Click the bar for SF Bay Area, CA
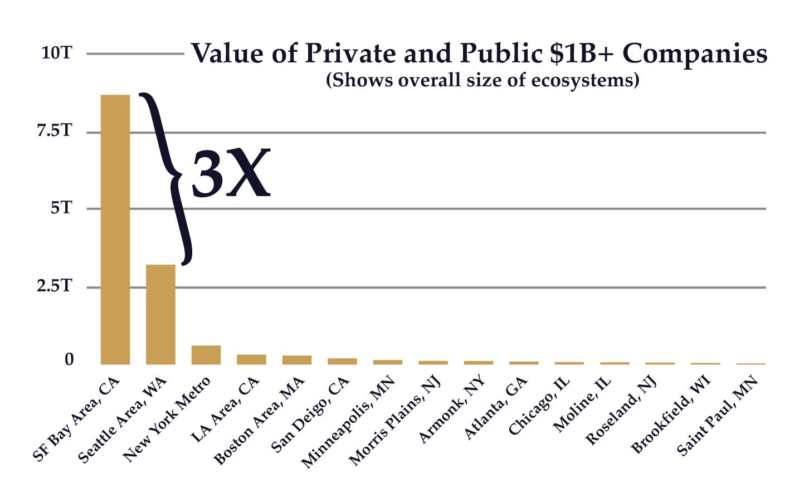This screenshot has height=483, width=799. click(x=115, y=230)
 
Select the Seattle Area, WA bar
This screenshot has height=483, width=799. click(x=160, y=314)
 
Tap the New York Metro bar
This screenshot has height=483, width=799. click(x=206, y=355)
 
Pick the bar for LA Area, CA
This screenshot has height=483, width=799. click(x=251, y=359)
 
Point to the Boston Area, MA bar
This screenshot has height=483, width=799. click(x=297, y=360)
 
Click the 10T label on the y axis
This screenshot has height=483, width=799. click(x=56, y=53)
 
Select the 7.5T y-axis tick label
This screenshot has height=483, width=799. click(x=55, y=131)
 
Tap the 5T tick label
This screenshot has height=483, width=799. click(x=61, y=208)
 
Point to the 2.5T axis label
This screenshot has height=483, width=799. click(x=55, y=286)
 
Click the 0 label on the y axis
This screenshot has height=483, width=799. click(x=69, y=360)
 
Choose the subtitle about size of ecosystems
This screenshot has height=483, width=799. click(x=482, y=80)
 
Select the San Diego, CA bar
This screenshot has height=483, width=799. click(x=342, y=361)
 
